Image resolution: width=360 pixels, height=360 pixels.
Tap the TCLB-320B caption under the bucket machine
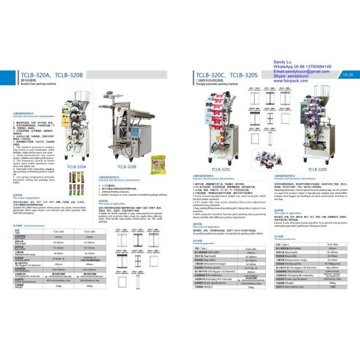[128, 166]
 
